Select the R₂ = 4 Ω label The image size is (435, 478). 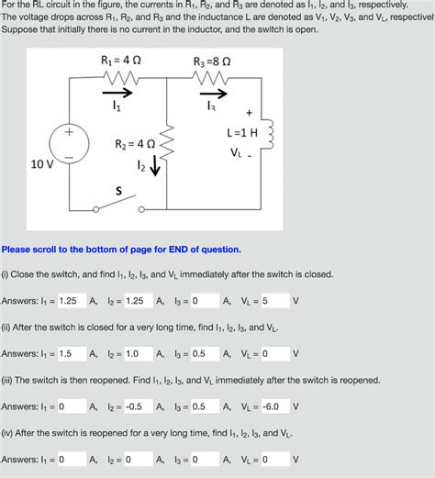pyautogui.click(x=135, y=144)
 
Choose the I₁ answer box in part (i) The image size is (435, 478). pyautogui.click(x=70, y=301)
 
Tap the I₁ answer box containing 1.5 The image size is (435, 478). pyautogui.click(x=70, y=353)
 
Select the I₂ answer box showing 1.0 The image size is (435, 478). pyautogui.click(x=138, y=353)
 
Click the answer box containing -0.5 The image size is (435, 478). pyautogui.click(x=138, y=406)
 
